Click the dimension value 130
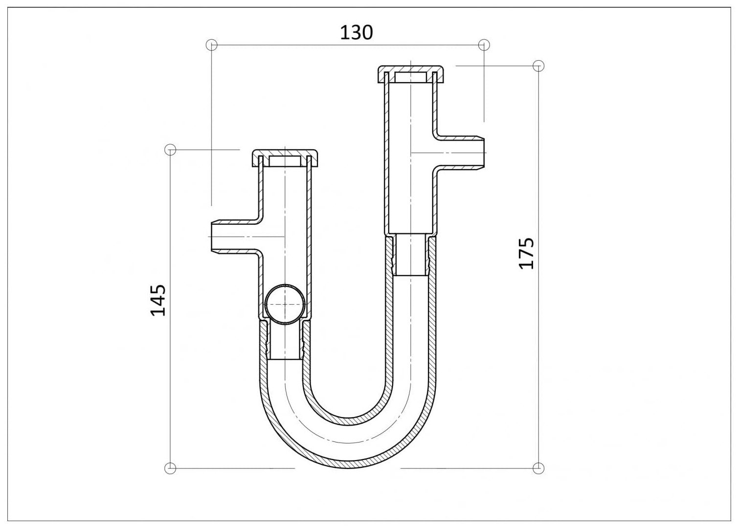(357, 33)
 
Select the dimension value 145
(158, 300)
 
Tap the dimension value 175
(526, 253)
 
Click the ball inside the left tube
(285, 305)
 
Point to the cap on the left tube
(285, 158)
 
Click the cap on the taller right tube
(410, 74)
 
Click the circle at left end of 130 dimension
(211, 45)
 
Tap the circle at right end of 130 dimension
(484, 45)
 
